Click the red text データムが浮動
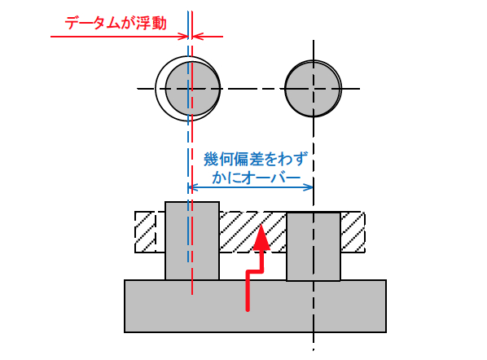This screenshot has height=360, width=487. [x=116, y=24]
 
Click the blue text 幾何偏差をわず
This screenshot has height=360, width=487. [x=256, y=159]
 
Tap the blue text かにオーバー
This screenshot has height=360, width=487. [x=257, y=178]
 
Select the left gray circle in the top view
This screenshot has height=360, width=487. [x=192, y=89]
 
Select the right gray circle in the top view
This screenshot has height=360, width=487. [x=313, y=89]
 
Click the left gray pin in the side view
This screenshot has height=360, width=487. [x=192, y=241]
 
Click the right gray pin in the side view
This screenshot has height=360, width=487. [x=313, y=247]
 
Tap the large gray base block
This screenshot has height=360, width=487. [x=255, y=306]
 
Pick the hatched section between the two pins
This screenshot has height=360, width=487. [x=252, y=232]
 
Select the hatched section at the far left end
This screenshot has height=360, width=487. [x=145, y=232]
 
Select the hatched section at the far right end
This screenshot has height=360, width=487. [x=353, y=232]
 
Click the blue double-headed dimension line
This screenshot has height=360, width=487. [x=251, y=187]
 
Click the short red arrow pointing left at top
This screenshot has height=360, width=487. [x=208, y=37]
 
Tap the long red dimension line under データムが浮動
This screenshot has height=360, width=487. [x=119, y=37]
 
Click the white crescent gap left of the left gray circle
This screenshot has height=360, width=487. [x=160, y=89]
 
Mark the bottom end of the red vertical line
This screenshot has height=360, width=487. [x=192, y=294]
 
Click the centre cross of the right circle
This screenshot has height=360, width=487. [x=313, y=89]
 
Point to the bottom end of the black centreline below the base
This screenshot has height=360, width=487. [x=313, y=350]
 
